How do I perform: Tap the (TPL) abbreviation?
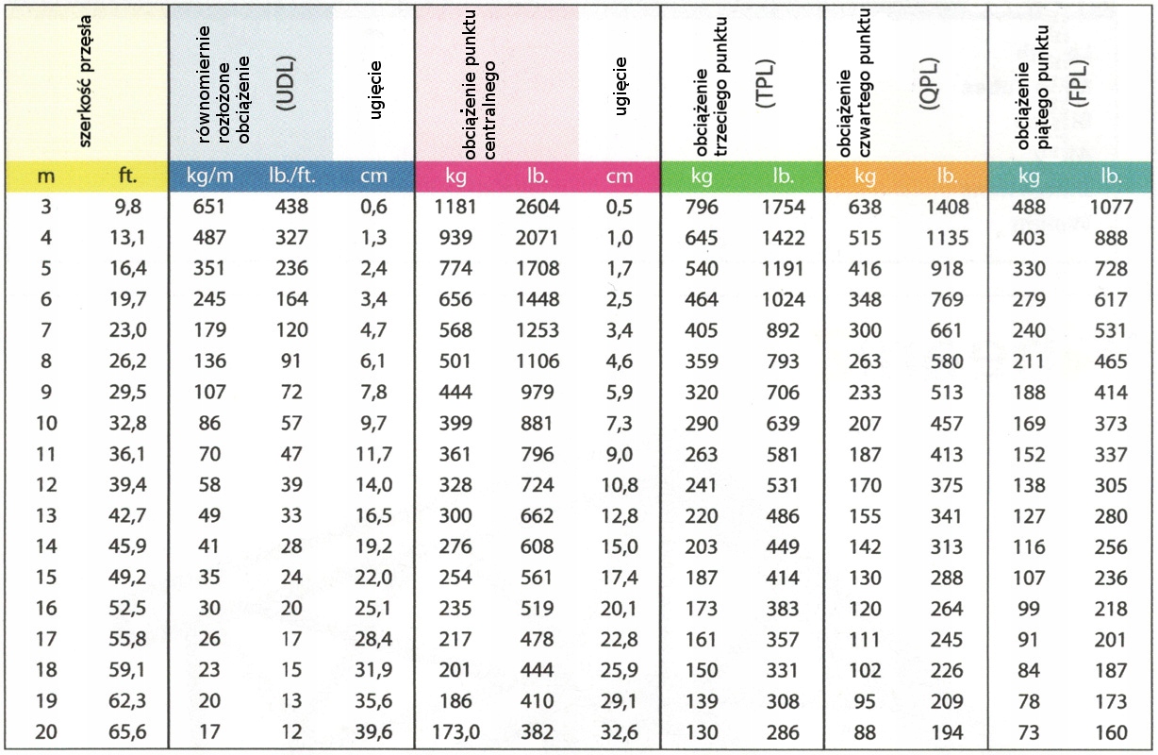pyautogui.click(x=765, y=86)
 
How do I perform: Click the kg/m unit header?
pyautogui.click(x=209, y=176)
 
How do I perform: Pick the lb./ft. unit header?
pyautogui.click(x=286, y=176)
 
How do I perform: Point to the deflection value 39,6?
pyautogui.click(x=370, y=732)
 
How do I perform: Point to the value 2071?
pyautogui.click(x=538, y=239)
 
